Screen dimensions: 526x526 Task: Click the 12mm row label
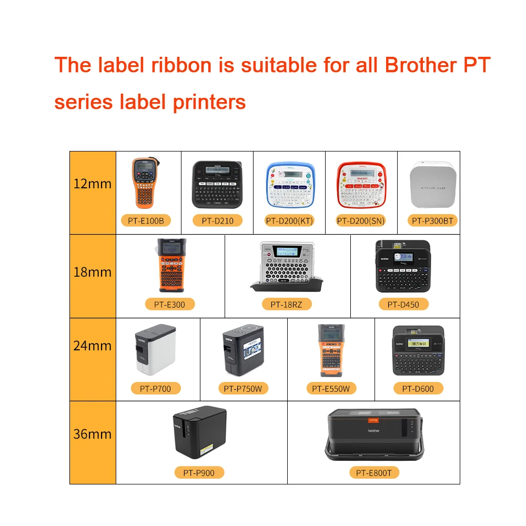93,184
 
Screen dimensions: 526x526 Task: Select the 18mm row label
93,272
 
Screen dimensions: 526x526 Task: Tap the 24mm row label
93,346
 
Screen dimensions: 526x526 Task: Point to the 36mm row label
93,434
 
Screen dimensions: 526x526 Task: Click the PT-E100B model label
149,220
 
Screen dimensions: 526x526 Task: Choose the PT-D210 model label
217,220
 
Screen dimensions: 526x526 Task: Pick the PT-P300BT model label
432,220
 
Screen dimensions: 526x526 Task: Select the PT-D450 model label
403,304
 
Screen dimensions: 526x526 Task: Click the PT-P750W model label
242,389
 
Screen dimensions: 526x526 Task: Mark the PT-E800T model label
373,473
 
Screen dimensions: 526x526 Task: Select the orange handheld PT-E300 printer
171,265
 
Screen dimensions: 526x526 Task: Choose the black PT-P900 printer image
199,433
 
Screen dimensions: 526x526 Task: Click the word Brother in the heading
420,66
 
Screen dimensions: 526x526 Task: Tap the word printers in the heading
210,102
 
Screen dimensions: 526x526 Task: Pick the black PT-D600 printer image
418,350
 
